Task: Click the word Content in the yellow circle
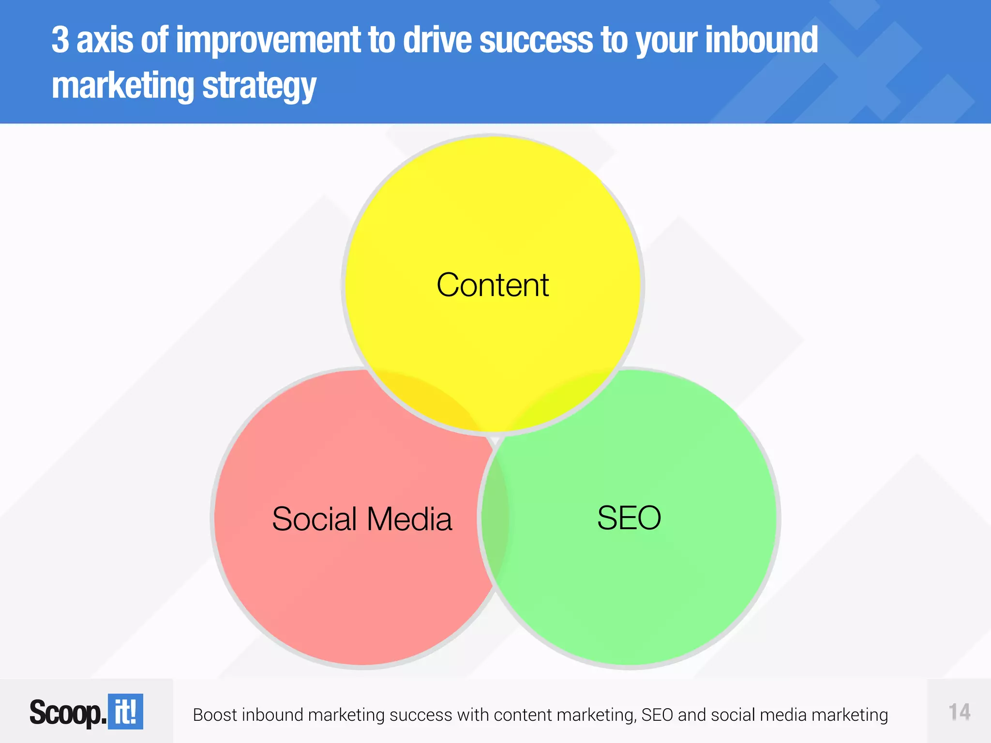tap(493, 285)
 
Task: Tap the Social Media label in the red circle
tap(362, 519)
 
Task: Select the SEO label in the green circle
tap(629, 518)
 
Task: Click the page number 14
tap(959, 712)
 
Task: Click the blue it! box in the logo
tap(125, 712)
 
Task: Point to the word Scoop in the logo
tap(66, 713)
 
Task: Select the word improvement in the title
tap(268, 41)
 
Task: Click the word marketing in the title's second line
tap(122, 86)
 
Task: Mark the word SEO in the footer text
tap(657, 715)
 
